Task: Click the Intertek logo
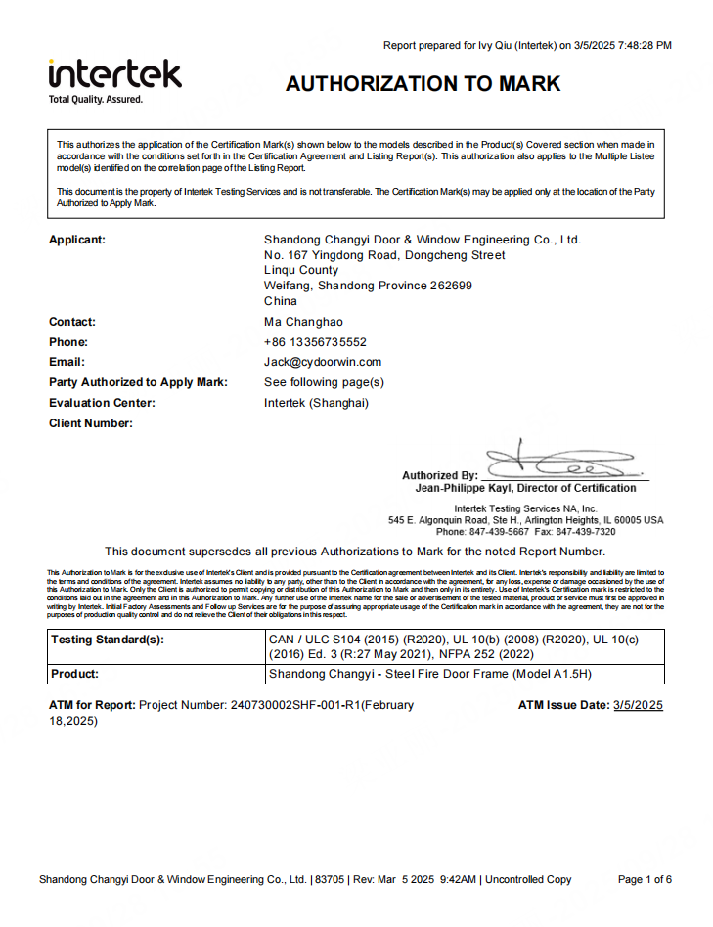click(x=114, y=74)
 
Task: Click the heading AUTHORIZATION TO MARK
click(x=423, y=84)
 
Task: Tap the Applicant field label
click(x=77, y=240)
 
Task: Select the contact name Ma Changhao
click(x=303, y=322)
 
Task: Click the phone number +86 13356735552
click(x=315, y=342)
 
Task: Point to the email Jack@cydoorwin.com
click(x=323, y=362)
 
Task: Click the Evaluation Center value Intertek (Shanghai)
click(x=316, y=403)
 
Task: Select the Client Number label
click(x=91, y=423)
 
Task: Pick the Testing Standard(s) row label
click(x=107, y=640)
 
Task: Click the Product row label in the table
click(x=74, y=674)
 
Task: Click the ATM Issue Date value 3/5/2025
click(x=638, y=705)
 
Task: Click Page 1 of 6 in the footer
click(x=645, y=879)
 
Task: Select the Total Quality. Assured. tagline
click(x=96, y=99)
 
